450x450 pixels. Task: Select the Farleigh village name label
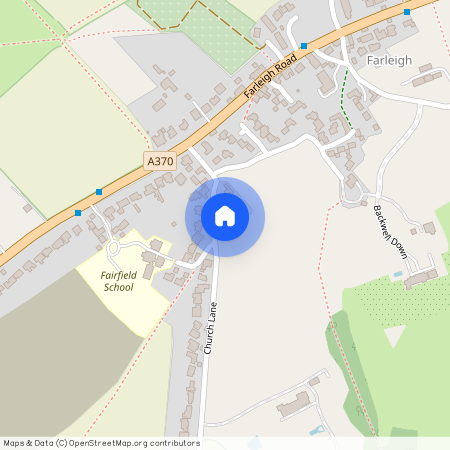pos(389,59)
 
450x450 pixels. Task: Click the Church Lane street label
pos(210,327)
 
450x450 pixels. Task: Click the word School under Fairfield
pos(118,287)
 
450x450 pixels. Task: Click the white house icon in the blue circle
pos(225,216)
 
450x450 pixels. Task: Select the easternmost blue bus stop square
pos(407,12)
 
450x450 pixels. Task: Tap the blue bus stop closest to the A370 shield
pos(98,192)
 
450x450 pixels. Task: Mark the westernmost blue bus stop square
pos(78,212)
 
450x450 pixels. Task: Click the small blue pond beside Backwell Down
pos(398,273)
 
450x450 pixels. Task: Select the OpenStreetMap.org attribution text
pos(130,443)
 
